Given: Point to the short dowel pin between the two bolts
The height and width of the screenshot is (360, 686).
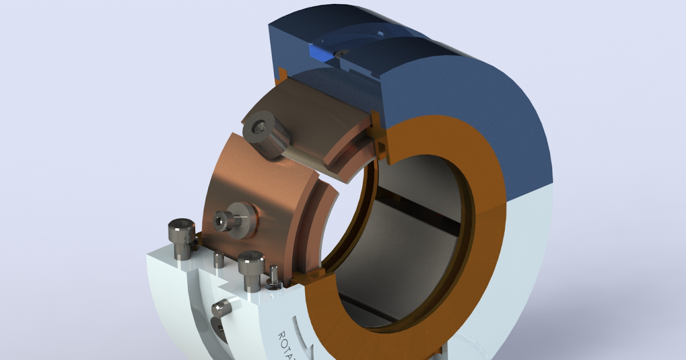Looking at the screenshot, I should (218, 260).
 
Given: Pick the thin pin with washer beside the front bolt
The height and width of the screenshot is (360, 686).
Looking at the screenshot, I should (273, 277).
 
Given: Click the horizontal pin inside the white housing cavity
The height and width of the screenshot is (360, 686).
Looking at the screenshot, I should (221, 309).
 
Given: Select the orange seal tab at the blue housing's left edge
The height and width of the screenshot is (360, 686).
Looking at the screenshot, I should (281, 74).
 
